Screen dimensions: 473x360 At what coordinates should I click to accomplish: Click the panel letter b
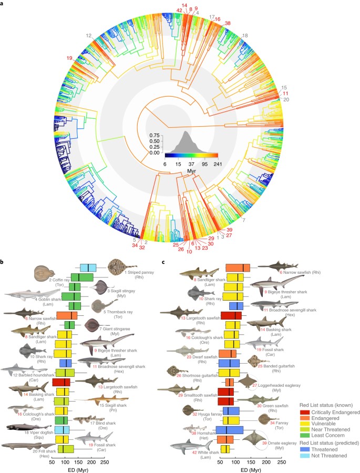tap(3, 261)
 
